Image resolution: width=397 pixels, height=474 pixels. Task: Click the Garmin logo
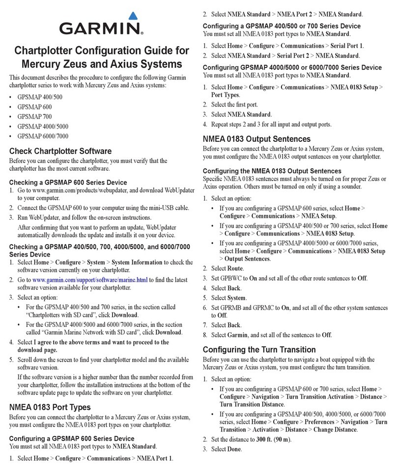[x=101, y=26]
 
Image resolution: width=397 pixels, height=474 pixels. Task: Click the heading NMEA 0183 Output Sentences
[x=257, y=139]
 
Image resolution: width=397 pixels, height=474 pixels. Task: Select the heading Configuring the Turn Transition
[x=259, y=349]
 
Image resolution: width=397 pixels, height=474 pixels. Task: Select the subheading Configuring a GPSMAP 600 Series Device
[x=72, y=438]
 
